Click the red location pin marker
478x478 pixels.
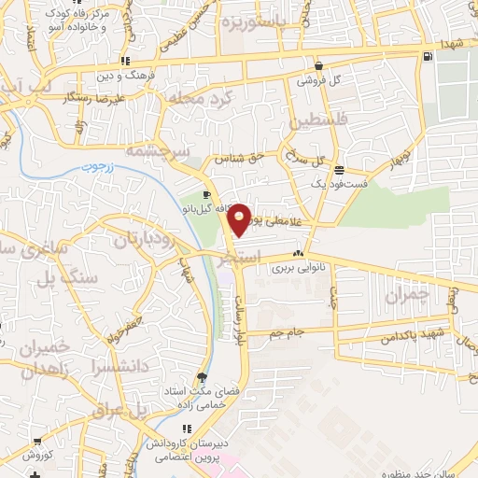click(240, 218)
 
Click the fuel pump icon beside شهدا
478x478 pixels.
click(427, 56)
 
